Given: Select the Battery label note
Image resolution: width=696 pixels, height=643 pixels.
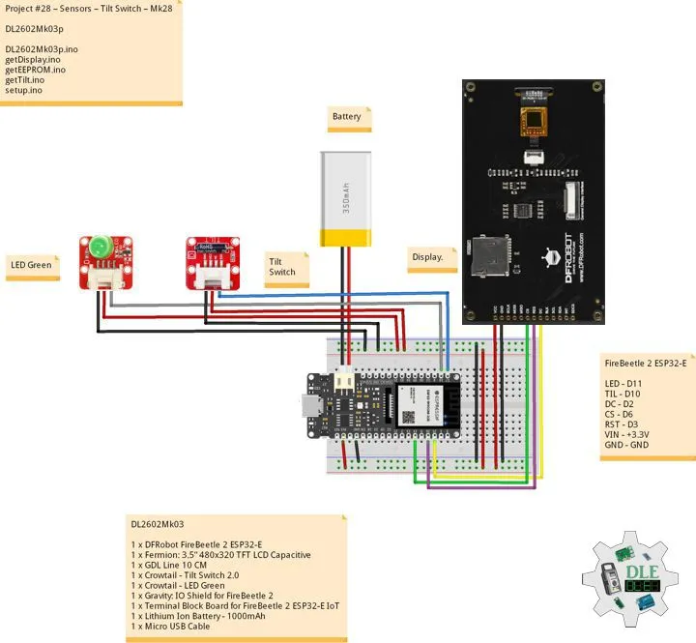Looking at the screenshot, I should coord(347,117).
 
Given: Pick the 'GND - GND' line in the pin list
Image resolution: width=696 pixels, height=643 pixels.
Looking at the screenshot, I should coord(626,445).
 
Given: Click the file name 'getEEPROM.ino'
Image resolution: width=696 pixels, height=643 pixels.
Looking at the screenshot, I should coord(36,70).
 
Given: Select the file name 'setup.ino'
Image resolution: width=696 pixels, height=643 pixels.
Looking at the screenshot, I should coord(24,90).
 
